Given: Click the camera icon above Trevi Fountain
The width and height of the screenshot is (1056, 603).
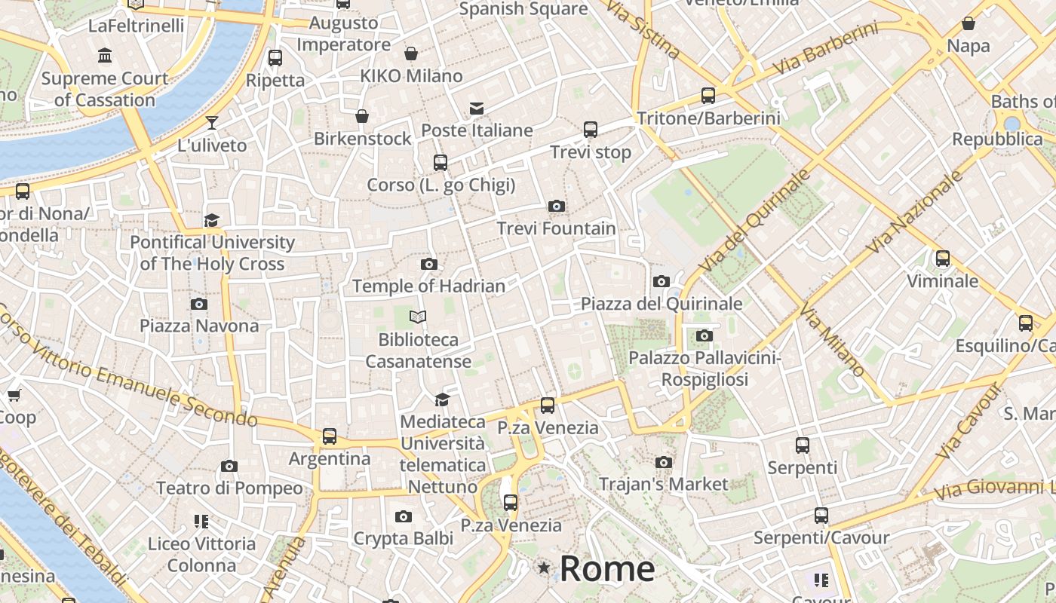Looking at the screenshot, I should [x=556, y=207].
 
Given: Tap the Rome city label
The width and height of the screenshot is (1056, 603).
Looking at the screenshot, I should [x=607, y=568].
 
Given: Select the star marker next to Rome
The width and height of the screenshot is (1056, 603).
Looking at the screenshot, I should [x=543, y=568].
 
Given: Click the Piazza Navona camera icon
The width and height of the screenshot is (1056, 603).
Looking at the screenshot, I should [x=199, y=305].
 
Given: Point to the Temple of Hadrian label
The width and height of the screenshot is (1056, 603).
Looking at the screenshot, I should [x=428, y=286].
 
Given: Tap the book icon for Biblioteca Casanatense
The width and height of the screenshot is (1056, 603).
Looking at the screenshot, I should [x=418, y=317].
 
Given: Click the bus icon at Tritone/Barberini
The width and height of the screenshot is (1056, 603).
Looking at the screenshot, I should [x=708, y=96].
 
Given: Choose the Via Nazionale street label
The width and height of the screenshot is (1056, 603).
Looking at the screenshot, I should [x=916, y=213].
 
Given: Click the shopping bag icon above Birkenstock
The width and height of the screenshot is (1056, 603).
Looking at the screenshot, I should [x=362, y=116].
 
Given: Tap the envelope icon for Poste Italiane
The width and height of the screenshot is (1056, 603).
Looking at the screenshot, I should [x=477, y=109].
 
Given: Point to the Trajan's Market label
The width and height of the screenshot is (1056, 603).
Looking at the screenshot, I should [x=663, y=484].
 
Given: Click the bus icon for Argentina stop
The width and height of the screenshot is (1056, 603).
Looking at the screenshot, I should [x=330, y=436].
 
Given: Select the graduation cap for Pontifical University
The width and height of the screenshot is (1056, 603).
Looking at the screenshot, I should [x=212, y=220].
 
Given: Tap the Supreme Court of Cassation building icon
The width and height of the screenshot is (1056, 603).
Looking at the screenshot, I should [x=105, y=56].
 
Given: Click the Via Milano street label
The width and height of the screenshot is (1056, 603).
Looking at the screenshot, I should [x=832, y=340].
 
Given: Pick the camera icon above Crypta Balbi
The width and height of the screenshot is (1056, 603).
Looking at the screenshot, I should [x=404, y=516].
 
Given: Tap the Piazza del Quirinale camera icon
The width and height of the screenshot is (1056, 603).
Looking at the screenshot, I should [x=662, y=282].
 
